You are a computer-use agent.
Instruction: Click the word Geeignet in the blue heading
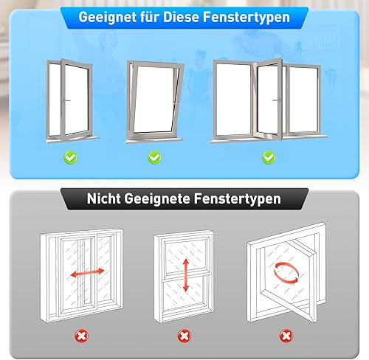pos(108,17)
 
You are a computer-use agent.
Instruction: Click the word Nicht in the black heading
pos(103,198)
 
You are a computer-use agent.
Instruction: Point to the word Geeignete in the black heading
pos(156,198)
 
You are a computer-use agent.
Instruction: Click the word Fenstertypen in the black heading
pos(237,198)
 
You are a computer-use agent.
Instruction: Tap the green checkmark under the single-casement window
pos(70,158)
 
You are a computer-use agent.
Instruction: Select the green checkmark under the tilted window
pos(154,158)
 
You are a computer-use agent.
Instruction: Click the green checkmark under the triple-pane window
pos(269,158)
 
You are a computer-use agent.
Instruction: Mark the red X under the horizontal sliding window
pos(81,336)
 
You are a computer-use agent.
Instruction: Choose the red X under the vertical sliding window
pos(184,336)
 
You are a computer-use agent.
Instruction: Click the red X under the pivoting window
pos(286,336)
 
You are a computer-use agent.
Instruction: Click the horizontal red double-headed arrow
pos(87,272)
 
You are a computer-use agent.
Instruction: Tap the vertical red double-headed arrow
pos(186,275)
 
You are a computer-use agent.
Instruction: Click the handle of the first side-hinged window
pos(67,100)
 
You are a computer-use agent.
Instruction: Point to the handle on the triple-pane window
pos(276,100)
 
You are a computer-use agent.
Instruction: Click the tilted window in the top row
pos(154,101)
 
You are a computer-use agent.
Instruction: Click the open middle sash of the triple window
pos(268,100)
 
